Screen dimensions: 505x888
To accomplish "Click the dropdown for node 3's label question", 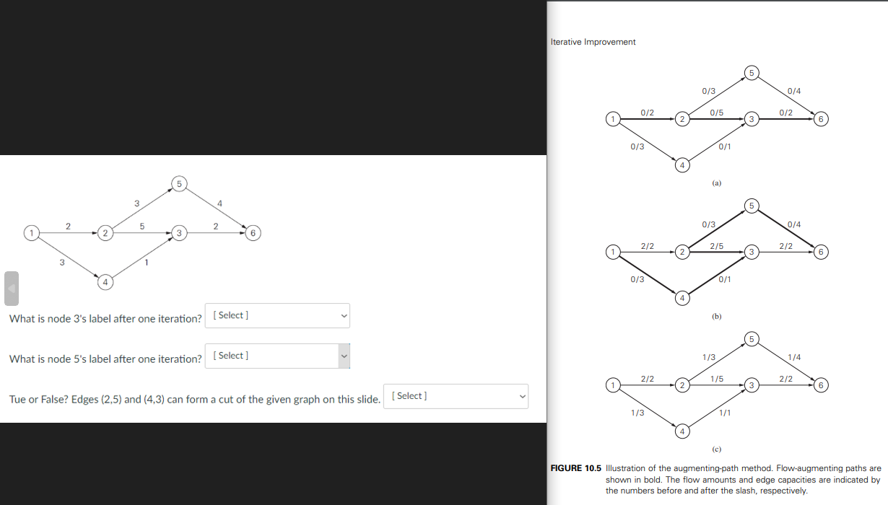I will tap(277, 315).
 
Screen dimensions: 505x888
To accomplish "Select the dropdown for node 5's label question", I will tap(277, 356).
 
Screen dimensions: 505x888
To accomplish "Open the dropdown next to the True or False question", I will tap(456, 396).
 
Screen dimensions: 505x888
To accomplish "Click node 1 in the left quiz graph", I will tap(31, 232).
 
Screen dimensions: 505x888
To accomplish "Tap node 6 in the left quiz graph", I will tap(252, 233).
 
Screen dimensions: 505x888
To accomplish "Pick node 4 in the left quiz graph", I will tap(105, 283).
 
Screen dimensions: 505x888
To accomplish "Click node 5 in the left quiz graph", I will tap(180, 182).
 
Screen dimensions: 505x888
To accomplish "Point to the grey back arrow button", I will tap(12, 288).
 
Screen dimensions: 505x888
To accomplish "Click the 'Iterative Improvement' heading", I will tap(593, 42).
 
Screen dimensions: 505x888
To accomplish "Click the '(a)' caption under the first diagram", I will tap(716, 184).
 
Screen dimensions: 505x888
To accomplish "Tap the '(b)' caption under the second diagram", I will tap(716, 316).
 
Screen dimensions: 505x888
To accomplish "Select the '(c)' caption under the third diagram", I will tap(716, 449).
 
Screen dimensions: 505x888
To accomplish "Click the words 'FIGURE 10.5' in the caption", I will tap(576, 468).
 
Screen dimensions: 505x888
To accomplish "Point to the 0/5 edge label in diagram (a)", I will tap(717, 113).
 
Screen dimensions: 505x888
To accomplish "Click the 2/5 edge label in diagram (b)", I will tap(717, 246).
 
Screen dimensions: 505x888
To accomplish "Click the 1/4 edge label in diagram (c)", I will tap(793, 357).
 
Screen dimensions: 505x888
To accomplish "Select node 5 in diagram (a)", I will tap(751, 72).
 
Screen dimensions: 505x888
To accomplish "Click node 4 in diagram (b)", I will tap(682, 298).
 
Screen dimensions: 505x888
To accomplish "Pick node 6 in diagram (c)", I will tap(821, 385).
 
